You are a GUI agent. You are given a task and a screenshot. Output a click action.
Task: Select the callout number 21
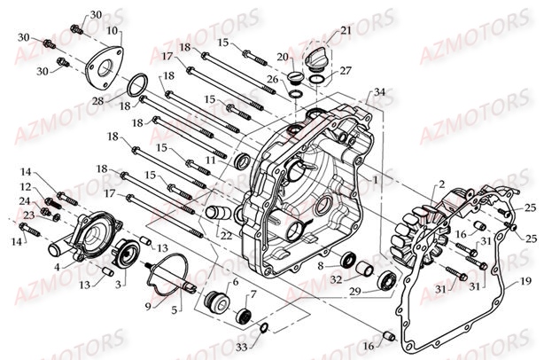[346, 31]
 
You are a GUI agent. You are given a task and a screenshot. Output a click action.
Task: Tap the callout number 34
[379, 92]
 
